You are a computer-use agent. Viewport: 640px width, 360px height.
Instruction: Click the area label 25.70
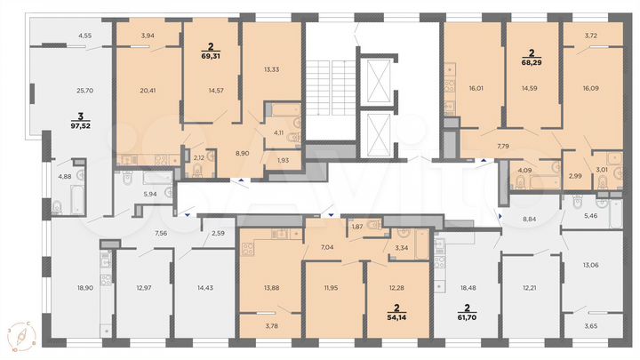85,92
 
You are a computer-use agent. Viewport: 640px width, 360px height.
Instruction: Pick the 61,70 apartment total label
467,316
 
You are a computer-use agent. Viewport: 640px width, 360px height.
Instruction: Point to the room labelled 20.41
148,89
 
